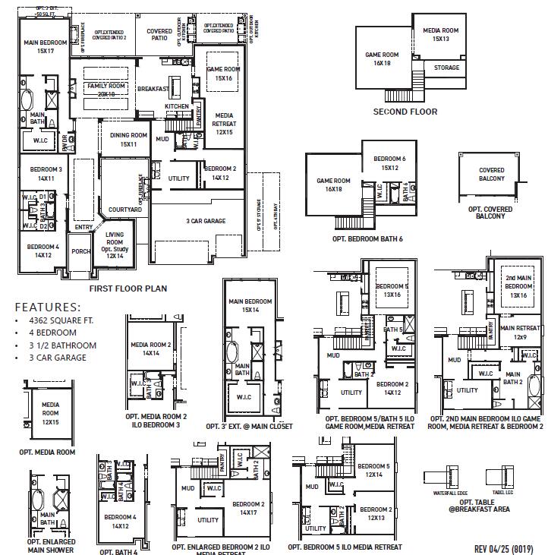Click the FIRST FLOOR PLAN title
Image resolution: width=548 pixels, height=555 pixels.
[x=128, y=289]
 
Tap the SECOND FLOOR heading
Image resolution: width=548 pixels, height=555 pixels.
[x=405, y=112]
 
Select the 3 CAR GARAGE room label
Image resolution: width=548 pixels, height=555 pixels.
[x=205, y=221]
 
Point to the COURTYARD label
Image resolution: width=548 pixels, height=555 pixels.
[x=125, y=209]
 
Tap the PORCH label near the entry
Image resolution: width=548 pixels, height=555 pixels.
[x=80, y=251]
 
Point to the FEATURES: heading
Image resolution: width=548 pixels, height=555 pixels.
[x=48, y=307]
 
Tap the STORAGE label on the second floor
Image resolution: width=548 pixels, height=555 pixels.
[x=446, y=68]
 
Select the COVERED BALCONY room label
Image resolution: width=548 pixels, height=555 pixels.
[x=491, y=175]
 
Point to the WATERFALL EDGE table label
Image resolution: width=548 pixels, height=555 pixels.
[x=446, y=492]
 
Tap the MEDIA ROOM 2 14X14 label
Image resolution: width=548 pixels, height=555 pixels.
[x=150, y=348]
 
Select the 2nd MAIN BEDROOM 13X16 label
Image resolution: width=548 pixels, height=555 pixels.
[x=518, y=286]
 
